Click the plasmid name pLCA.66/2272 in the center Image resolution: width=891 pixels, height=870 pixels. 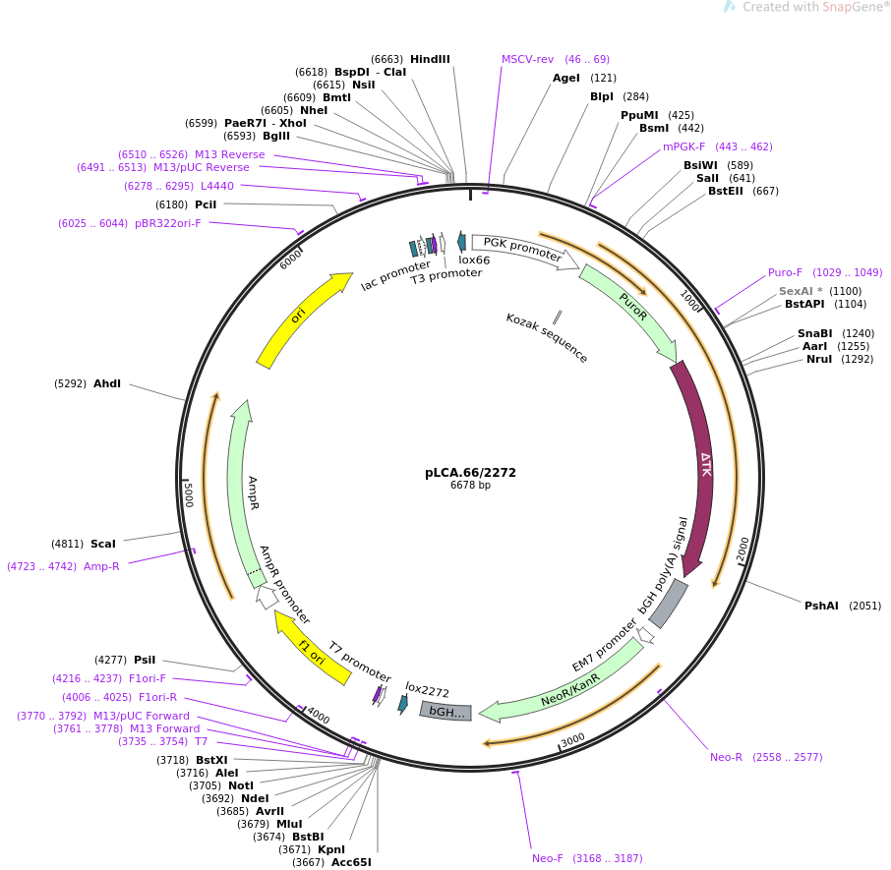(470, 473)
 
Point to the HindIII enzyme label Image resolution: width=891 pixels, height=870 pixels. (430, 59)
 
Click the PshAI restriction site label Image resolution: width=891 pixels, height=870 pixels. (821, 606)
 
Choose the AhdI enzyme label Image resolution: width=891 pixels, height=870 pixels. (106, 383)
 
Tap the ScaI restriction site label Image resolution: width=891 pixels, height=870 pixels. (102, 544)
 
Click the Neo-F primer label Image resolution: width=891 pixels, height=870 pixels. (548, 858)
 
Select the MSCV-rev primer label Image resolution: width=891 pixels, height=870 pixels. (527, 59)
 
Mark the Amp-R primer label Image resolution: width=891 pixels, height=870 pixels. (101, 566)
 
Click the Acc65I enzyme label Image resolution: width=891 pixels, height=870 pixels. (351, 862)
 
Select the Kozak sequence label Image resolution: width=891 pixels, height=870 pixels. (547, 338)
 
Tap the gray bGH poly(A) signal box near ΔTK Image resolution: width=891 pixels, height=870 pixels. (668, 604)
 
